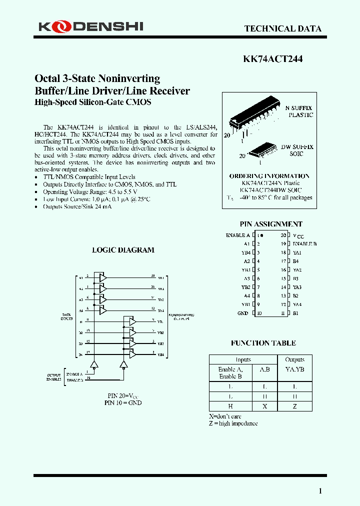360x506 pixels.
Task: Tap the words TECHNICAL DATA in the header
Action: (282, 28)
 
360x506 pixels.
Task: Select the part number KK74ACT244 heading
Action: (272, 58)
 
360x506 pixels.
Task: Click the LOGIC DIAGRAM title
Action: (123, 250)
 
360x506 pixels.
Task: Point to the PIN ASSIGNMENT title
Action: (271, 224)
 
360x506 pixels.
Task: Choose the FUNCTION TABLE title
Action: (263, 343)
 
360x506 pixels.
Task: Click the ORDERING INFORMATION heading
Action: (269, 176)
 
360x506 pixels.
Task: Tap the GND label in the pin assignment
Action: (243, 313)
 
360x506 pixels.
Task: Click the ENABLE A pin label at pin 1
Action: (238, 235)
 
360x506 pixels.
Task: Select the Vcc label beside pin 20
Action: (298, 235)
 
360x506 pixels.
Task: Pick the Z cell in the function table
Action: (294, 406)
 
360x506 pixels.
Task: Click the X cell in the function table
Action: (264, 406)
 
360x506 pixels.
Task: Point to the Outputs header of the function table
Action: (294, 359)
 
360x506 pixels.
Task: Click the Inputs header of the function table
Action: (243, 359)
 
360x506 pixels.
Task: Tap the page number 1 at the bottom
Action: (320, 491)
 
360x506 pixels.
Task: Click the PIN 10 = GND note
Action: (123, 402)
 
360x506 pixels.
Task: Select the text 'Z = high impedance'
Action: (233, 423)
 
